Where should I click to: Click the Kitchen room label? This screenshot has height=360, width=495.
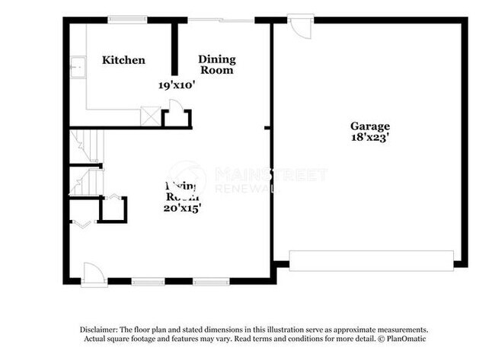coord(123,60)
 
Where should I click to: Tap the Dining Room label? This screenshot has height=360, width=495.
coord(216,65)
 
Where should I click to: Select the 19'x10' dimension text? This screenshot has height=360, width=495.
coord(177,85)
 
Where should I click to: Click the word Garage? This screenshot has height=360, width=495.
coord(370,126)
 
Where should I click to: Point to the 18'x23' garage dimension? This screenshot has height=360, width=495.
coord(370,139)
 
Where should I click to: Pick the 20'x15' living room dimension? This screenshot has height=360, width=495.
coord(182,207)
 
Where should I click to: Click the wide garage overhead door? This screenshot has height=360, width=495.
coord(372,260)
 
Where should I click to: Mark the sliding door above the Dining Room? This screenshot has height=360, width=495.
coord(221,19)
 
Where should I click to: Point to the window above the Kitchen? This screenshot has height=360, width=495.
coord(127,19)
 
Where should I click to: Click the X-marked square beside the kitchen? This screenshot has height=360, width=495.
coord(151,117)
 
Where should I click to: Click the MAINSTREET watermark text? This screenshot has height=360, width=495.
coord(270,174)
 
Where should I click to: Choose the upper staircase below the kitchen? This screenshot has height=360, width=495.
coord(85,145)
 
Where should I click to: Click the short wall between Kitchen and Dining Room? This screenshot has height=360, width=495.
coord(174,48)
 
